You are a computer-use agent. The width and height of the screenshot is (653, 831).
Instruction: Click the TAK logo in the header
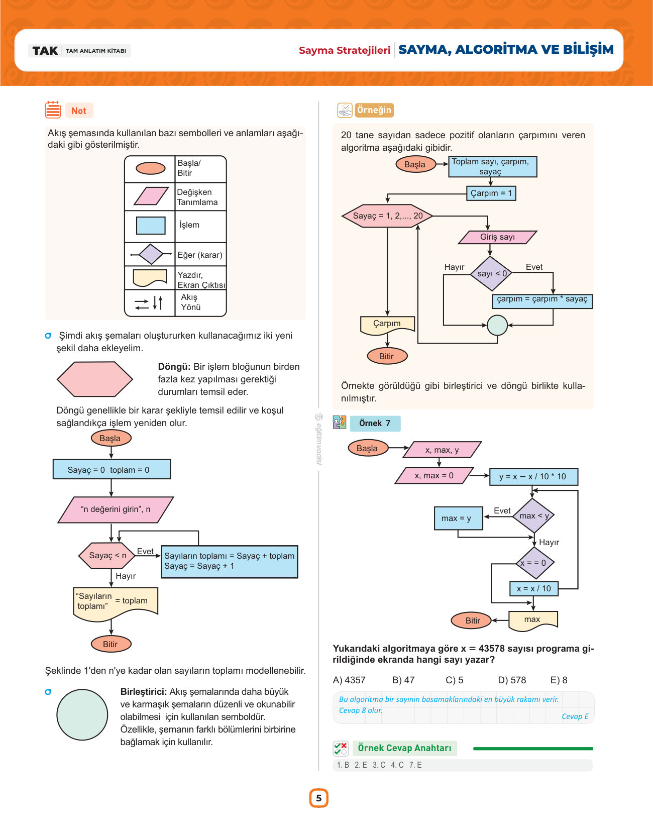click(45, 51)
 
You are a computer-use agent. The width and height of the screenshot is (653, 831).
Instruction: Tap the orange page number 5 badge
click(318, 798)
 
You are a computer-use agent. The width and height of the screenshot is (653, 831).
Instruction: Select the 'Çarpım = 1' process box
click(491, 193)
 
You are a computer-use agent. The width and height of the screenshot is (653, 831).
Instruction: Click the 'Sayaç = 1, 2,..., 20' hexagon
click(387, 216)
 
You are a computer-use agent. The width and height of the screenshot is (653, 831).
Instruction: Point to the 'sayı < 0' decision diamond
click(491, 273)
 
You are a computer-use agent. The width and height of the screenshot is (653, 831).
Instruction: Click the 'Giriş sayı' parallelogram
click(497, 237)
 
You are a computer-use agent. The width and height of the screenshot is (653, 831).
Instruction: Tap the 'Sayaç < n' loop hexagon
click(107, 555)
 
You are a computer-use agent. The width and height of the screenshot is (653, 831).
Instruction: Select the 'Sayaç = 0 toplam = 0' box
click(112, 469)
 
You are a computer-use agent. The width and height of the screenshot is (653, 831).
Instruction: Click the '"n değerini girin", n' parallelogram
click(116, 509)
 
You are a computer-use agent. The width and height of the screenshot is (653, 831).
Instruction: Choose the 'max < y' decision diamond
click(533, 515)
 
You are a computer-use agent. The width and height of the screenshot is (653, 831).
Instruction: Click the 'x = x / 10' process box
click(534, 588)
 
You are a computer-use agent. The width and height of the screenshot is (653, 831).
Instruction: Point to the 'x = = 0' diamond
click(533, 563)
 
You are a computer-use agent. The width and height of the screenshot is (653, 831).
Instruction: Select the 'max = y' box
click(459, 518)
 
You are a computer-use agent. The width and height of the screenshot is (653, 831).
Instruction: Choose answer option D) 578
click(511, 680)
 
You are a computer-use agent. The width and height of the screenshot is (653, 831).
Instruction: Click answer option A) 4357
click(349, 680)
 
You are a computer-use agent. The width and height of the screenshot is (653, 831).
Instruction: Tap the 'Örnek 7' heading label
click(375, 424)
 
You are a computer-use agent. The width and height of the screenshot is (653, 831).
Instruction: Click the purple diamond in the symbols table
click(151, 254)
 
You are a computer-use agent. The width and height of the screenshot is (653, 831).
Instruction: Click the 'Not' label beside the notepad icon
click(79, 111)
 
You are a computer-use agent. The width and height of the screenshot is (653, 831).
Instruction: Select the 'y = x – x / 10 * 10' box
click(533, 476)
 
